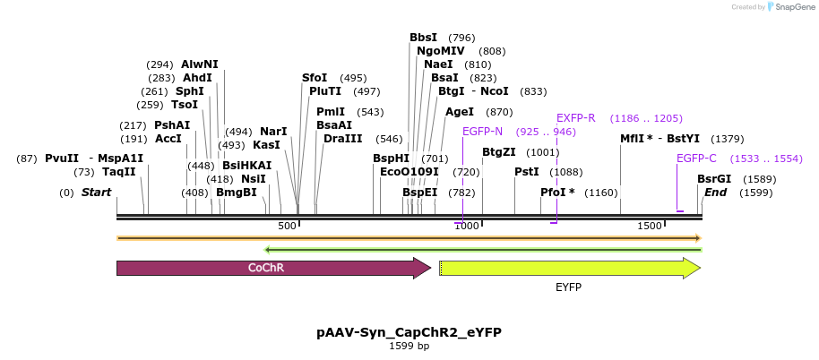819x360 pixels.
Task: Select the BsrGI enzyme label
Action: click(x=714, y=178)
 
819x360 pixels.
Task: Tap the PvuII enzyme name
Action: click(x=62, y=159)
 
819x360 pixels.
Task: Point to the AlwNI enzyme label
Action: click(x=199, y=64)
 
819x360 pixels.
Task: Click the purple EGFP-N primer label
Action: click(x=482, y=132)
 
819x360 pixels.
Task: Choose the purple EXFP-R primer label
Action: click(x=575, y=118)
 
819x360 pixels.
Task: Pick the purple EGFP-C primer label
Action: click(x=696, y=159)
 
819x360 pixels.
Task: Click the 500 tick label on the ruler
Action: click(x=287, y=227)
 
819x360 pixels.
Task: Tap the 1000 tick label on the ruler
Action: click(x=466, y=227)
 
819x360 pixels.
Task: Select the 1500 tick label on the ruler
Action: click(x=651, y=227)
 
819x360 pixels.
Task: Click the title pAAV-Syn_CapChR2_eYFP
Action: click(x=409, y=332)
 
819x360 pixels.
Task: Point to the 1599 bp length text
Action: click(x=409, y=346)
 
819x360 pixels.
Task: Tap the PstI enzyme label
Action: click(x=526, y=172)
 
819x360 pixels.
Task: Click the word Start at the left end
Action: click(x=98, y=193)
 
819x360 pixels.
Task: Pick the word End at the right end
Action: click(x=715, y=193)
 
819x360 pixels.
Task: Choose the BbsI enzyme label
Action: click(x=423, y=38)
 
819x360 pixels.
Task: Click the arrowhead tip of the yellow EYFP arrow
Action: click(x=699, y=268)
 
